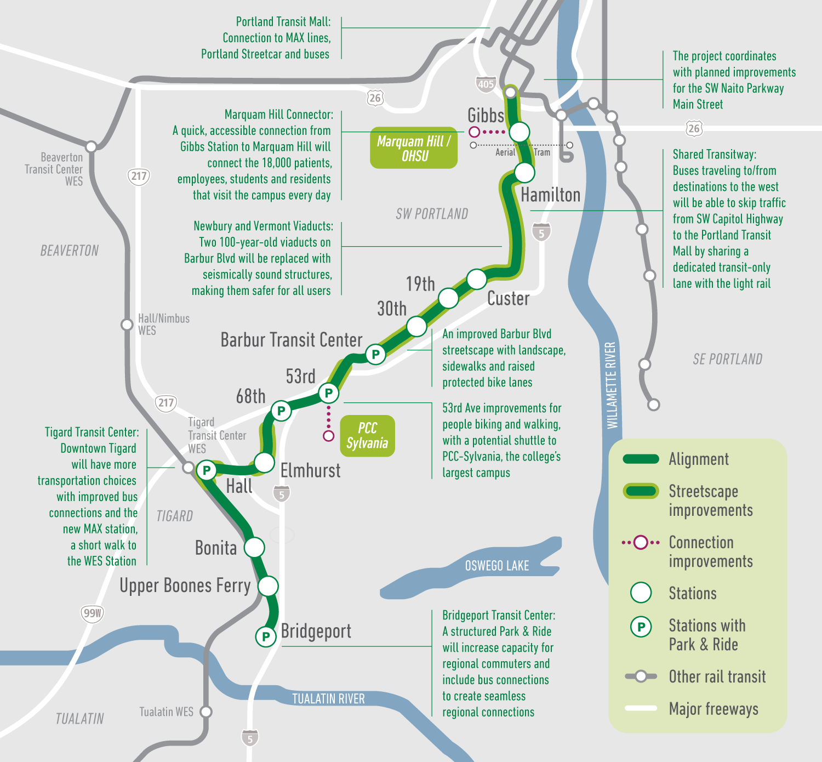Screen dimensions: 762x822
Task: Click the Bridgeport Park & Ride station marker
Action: (266, 636)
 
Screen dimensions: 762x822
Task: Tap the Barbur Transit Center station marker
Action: (375, 354)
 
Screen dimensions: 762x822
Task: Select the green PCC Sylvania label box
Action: (367, 436)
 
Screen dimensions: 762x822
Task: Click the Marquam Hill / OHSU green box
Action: (414, 148)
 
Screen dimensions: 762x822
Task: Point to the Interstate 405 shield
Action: (486, 84)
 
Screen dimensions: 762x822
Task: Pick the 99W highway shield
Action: (92, 613)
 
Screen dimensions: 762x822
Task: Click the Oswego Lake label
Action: (496, 566)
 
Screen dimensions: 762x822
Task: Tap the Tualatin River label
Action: (328, 699)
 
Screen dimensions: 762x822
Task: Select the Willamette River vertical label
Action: (612, 385)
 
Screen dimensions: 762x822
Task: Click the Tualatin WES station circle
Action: (206, 712)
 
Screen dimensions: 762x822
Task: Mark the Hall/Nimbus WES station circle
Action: (127, 324)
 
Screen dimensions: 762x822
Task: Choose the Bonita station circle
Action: (254, 547)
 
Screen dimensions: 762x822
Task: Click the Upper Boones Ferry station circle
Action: (268, 586)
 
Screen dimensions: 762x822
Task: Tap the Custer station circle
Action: (477, 279)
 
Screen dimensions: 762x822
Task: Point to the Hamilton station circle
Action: (524, 173)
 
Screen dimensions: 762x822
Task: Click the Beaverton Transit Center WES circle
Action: (92, 146)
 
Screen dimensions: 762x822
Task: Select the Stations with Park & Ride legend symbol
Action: (641, 627)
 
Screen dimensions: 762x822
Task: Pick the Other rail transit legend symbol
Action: (641, 676)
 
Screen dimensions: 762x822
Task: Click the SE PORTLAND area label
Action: (727, 359)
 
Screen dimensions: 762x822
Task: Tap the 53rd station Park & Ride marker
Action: (329, 393)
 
